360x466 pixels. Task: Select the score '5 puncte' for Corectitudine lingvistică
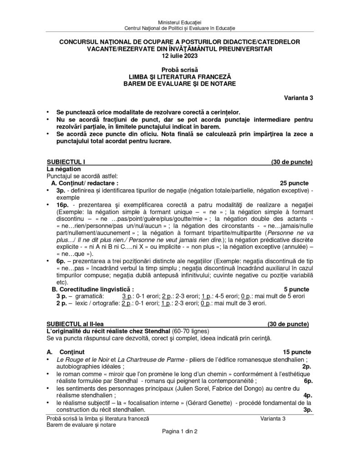296,289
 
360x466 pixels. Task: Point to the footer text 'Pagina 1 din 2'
180,431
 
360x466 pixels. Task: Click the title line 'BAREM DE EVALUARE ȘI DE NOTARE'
180,84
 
